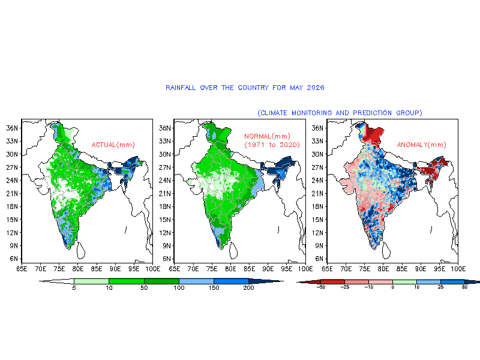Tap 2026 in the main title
pyautogui.click(x=316, y=88)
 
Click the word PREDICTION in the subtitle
pyautogui.click(x=372, y=113)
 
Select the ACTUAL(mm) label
pyautogui.click(x=113, y=145)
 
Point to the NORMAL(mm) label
pyautogui.click(x=267, y=136)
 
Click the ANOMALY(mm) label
pyautogui.click(x=422, y=145)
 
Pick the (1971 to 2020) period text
pyautogui.click(x=272, y=145)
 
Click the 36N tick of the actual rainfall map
pyautogui.click(x=12, y=128)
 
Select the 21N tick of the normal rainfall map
pyautogui.click(x=164, y=193)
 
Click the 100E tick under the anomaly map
pyautogui.click(x=458, y=269)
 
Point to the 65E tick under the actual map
pyautogui.click(x=22, y=269)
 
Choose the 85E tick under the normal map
pyautogui.click(x=249, y=269)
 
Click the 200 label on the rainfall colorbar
pyautogui.click(x=248, y=288)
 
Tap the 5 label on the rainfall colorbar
pyautogui.click(x=74, y=288)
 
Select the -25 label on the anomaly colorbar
pyautogui.click(x=344, y=287)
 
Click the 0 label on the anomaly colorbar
pyautogui.click(x=393, y=287)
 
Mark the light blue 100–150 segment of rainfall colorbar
pyautogui.click(x=196, y=281)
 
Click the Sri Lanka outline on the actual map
pyautogui.click(x=80, y=250)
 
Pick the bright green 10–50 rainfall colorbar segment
pyautogui.click(x=127, y=281)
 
